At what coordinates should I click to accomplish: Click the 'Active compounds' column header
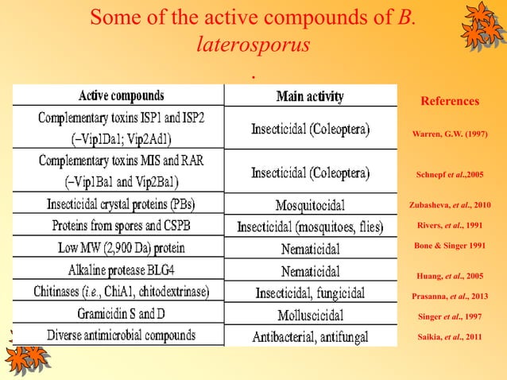[122, 96]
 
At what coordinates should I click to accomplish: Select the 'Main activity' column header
[310, 97]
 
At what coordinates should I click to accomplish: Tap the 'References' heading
[450, 102]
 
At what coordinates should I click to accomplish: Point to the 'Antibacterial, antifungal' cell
[310, 337]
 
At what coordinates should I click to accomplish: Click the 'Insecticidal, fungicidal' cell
[310, 293]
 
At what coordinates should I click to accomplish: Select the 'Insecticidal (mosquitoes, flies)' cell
[310, 227]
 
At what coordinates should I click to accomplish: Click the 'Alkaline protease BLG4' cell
[122, 269]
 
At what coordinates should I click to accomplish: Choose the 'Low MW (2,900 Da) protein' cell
[122, 247]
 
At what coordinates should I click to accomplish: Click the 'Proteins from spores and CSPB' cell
[122, 225]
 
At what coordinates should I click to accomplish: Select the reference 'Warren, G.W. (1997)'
[450, 134]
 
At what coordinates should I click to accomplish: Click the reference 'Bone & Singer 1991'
[450, 246]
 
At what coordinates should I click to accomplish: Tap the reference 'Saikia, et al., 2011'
[450, 337]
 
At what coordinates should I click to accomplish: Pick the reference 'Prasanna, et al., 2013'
[450, 297]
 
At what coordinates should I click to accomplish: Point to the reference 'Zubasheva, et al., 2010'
[450, 204]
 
